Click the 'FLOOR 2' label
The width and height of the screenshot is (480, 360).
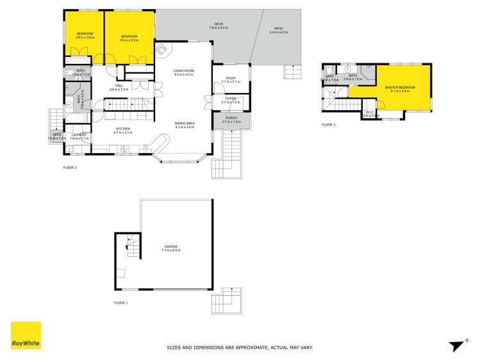[x=69, y=168]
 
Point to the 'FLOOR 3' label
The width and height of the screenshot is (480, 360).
[x=328, y=125]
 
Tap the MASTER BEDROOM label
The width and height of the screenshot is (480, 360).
[x=400, y=88]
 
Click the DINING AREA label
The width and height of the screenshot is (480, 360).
[x=184, y=124]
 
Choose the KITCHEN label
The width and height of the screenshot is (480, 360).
[x=123, y=129]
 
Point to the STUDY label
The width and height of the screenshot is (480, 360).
[x=230, y=79]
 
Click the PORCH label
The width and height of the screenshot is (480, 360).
[x=230, y=119]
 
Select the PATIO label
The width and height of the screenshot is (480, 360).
[x=279, y=29]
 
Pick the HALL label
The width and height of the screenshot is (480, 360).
[x=119, y=86]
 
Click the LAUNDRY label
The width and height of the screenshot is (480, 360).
[x=79, y=135]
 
